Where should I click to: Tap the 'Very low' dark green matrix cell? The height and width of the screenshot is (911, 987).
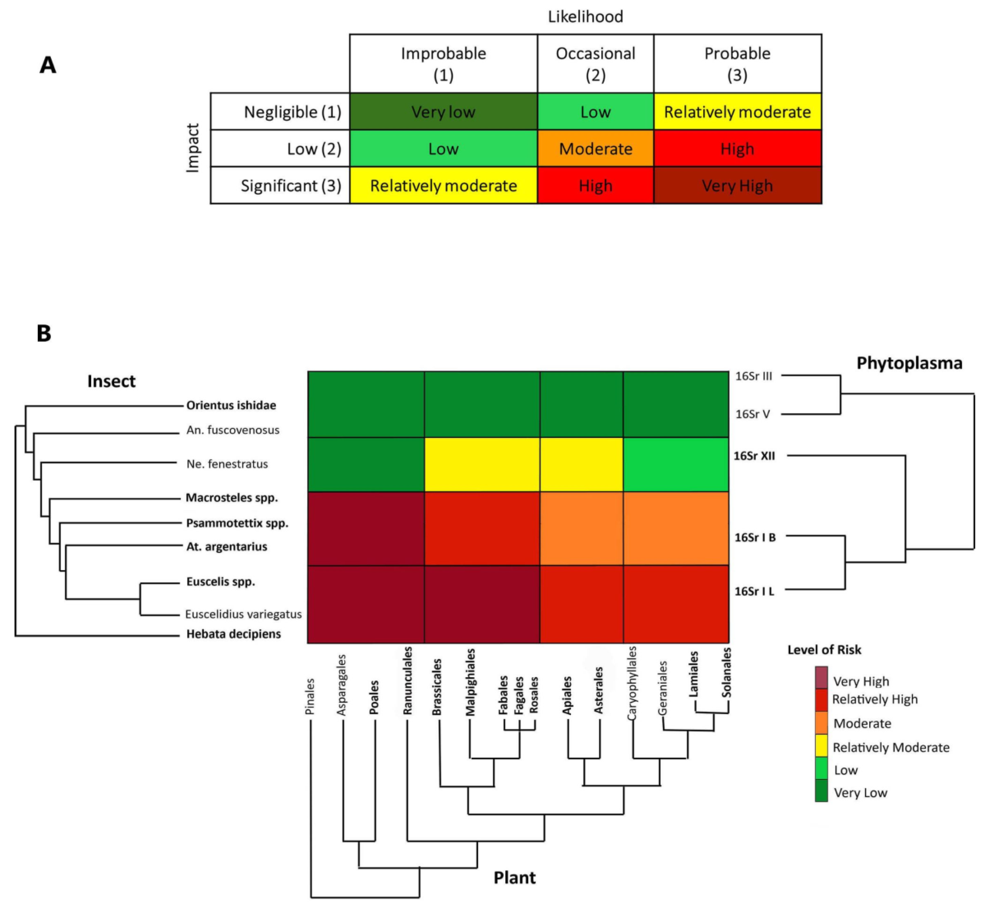tap(443, 112)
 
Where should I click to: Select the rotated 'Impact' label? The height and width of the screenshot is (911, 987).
tap(193, 148)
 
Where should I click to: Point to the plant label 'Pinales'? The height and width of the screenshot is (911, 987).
tap(310, 697)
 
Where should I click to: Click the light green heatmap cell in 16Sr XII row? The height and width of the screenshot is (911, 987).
tap(676, 464)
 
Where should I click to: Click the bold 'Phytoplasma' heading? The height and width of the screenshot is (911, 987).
tap(909, 363)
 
